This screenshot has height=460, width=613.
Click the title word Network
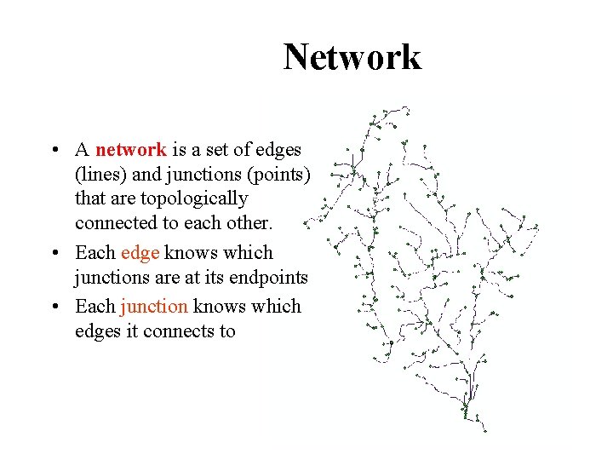(352, 58)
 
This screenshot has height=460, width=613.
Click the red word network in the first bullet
(131, 150)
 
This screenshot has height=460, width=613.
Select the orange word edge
(140, 253)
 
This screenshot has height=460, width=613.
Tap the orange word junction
(154, 306)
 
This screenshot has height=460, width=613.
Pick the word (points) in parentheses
(282, 175)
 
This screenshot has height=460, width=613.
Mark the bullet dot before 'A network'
(54, 151)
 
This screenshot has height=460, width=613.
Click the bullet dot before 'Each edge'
(54, 254)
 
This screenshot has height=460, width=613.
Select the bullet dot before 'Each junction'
(54, 307)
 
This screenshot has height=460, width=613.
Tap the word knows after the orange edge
(191, 253)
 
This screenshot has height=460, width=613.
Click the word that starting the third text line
(89, 199)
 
